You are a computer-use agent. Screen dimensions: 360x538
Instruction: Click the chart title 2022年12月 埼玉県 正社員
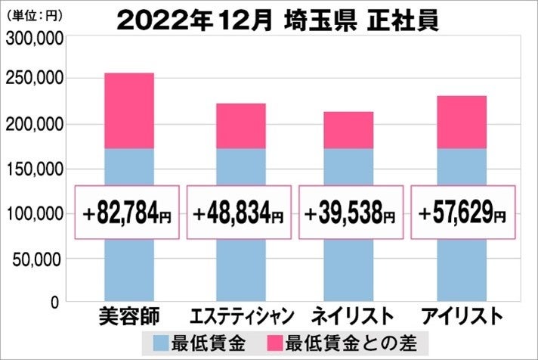coord(277,19)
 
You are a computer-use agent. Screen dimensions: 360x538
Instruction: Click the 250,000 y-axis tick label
coord(33,79)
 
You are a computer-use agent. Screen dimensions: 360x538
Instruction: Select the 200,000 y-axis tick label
coord(33,125)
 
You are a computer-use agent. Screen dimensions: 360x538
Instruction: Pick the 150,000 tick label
coord(33,169)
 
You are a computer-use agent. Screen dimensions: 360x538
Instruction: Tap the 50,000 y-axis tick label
coord(38,259)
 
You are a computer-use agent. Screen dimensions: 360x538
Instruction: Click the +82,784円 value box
coord(128,213)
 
